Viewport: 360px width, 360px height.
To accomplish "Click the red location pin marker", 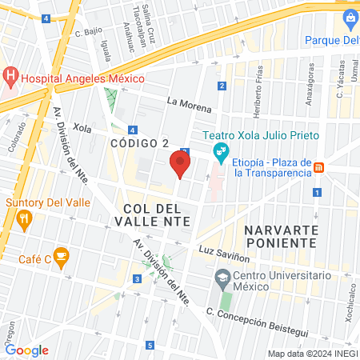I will pos(180,164).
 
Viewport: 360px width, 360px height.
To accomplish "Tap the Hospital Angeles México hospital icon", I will pos(11,78).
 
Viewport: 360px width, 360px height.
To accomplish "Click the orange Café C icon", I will pos(63,257).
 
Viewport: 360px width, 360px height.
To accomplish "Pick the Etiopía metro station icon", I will pos(318,166).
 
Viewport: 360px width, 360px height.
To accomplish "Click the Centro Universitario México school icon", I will pos(222,280).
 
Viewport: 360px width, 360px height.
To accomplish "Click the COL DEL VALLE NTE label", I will pos(160,215).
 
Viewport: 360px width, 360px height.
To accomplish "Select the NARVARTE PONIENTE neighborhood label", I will pos(281,236).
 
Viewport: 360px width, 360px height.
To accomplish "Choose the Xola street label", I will pos(82,126).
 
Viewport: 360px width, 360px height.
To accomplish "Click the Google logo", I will pos(26,350).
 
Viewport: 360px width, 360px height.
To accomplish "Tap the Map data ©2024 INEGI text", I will pos(311,354).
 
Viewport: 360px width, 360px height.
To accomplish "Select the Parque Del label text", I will pos(333,39).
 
